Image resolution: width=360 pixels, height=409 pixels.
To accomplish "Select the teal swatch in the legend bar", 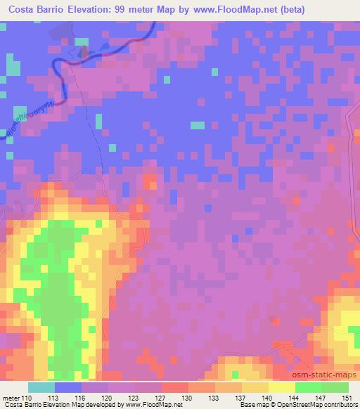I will [41, 387].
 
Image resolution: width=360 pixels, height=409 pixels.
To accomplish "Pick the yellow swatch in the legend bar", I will [282, 387].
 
